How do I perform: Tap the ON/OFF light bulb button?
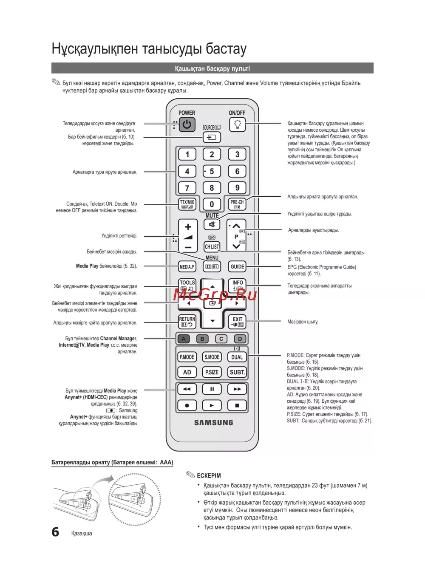[x=237, y=124]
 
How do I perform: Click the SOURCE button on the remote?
[x=212, y=137]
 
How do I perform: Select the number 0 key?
[x=212, y=204]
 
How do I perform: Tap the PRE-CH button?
[x=237, y=204]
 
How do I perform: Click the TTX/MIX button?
[x=187, y=204]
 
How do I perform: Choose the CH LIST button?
[x=212, y=246]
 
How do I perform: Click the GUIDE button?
[x=237, y=267]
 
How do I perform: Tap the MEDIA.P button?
[x=187, y=267]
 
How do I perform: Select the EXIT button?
[x=237, y=322]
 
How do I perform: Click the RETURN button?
[x=187, y=322]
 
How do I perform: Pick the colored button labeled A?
[x=184, y=339]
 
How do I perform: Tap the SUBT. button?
[x=237, y=372]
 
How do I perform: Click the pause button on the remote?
[x=212, y=389]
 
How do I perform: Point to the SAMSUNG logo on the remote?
[x=213, y=423]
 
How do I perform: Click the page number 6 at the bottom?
[x=55, y=532]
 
